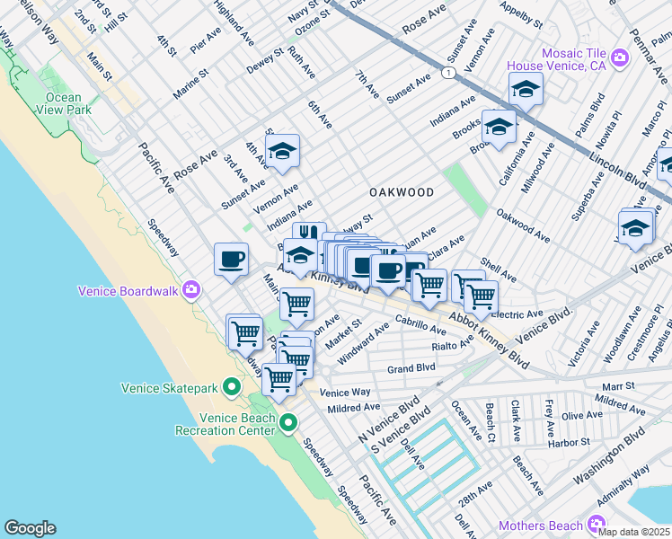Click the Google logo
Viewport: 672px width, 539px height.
pyautogui.click(x=30, y=528)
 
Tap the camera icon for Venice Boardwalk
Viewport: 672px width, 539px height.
pyautogui.click(x=190, y=290)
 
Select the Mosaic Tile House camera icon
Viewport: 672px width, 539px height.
pyautogui.click(x=619, y=58)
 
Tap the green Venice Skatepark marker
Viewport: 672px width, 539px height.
pyautogui.click(x=231, y=388)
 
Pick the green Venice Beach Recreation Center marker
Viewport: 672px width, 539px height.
pyautogui.click(x=288, y=422)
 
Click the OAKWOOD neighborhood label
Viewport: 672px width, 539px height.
pyautogui.click(x=402, y=193)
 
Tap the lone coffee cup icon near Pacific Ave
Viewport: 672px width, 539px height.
pyautogui.click(x=231, y=260)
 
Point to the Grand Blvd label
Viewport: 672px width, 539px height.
pyautogui.click(x=411, y=368)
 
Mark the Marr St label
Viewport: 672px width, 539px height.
pyautogui.click(x=644, y=384)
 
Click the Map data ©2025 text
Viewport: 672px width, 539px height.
pyautogui.click(x=633, y=531)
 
